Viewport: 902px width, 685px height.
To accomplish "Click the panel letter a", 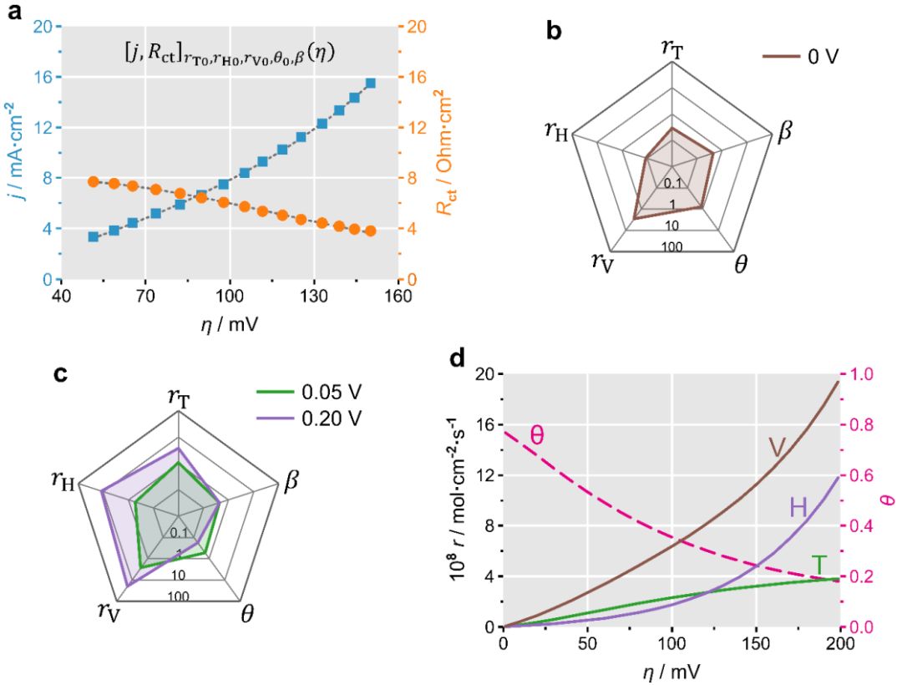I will pyautogui.click(x=13, y=12).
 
